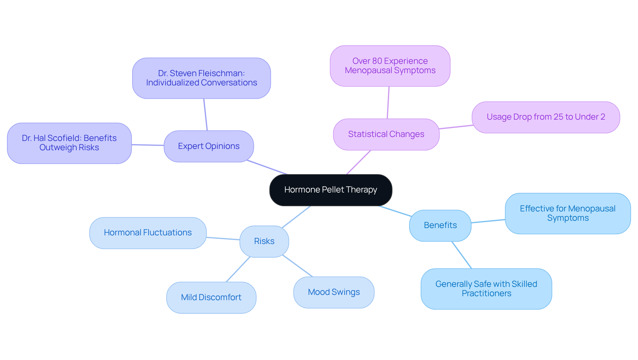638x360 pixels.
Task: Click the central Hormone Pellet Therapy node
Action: (x=330, y=190)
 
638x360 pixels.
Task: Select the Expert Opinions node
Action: (x=209, y=146)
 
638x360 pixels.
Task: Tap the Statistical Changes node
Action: (x=386, y=134)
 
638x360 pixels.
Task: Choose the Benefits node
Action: (x=440, y=225)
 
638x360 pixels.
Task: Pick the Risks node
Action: (x=264, y=241)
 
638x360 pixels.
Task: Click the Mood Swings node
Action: (x=334, y=292)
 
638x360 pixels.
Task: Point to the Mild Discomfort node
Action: (x=211, y=298)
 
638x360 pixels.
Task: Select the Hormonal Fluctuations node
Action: (x=148, y=233)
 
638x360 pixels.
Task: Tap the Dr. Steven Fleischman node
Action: (x=201, y=78)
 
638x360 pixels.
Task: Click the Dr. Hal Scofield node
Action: (x=69, y=143)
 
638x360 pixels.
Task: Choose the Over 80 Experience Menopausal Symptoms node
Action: (x=390, y=66)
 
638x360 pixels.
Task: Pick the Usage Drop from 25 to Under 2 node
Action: (x=546, y=117)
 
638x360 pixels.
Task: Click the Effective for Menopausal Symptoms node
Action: (x=568, y=213)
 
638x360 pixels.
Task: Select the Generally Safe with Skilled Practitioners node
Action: (x=486, y=289)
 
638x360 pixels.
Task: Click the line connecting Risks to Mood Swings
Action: (x=297, y=266)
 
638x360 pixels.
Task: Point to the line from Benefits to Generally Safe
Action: (x=462, y=255)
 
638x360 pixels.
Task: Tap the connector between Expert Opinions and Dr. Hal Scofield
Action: (x=148, y=145)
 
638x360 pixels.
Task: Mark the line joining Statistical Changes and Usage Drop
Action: (x=456, y=127)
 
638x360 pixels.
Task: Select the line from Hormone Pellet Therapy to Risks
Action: (x=296, y=217)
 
